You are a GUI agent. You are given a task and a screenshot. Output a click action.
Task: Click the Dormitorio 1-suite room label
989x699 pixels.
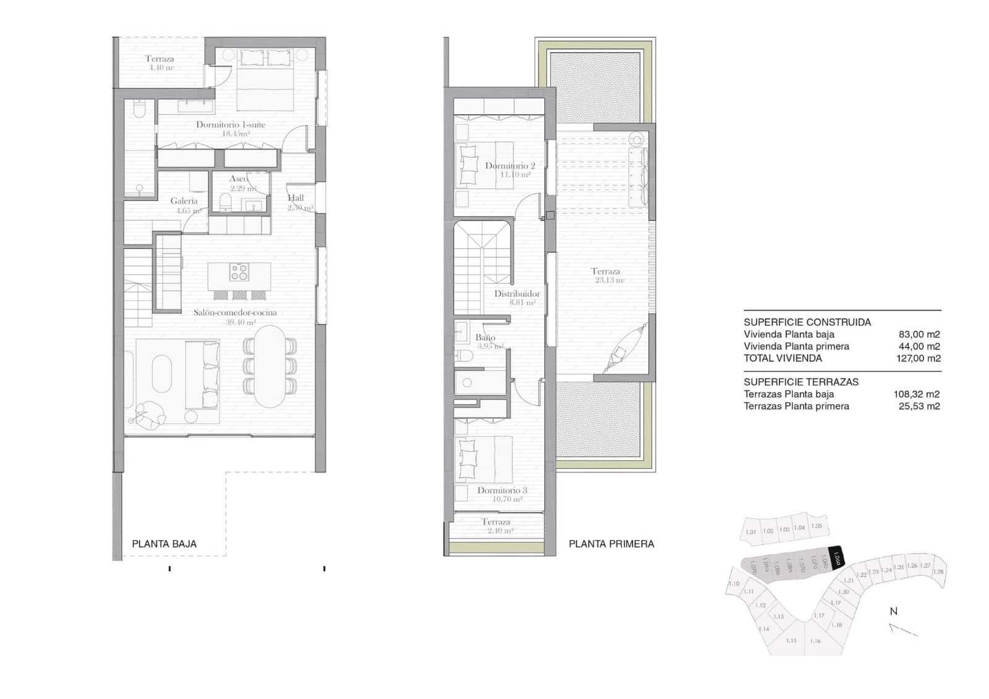tap(231, 125)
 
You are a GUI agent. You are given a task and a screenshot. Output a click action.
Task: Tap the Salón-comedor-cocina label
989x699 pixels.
tap(235, 313)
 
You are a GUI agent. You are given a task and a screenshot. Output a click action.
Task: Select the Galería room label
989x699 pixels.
tap(184, 201)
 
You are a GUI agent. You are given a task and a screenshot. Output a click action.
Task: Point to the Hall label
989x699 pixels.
tap(295, 199)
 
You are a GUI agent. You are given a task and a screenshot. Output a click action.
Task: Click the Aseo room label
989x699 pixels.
tap(239, 179)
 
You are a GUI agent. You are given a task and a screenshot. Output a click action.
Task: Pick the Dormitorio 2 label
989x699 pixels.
tap(510, 166)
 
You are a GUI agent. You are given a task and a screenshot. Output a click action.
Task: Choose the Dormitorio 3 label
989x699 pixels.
tap(502, 491)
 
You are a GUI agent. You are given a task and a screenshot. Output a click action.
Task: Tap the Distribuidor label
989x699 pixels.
tap(517, 294)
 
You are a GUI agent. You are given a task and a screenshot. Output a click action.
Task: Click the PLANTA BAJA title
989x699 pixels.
tap(164, 544)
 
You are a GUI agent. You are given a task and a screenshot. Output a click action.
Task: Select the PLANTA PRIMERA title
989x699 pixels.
tap(611, 544)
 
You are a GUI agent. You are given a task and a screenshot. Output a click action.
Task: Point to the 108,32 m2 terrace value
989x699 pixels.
tap(917, 394)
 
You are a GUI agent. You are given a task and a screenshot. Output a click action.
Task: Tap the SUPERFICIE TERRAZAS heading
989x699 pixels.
tap(801, 382)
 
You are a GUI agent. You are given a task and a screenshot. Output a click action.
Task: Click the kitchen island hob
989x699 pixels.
tap(239, 272)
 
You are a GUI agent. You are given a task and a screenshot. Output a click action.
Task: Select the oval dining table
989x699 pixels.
tap(270, 366)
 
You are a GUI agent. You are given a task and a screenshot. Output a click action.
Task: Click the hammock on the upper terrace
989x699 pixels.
tap(618, 353)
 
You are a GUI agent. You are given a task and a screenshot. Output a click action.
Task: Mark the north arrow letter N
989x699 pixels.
tap(893, 611)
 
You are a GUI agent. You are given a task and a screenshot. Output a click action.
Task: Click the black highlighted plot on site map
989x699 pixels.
tap(835, 559)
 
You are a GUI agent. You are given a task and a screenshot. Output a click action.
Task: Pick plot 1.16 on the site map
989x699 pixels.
tap(815, 641)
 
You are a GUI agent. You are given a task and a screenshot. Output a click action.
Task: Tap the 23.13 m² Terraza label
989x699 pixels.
tap(606, 272)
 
